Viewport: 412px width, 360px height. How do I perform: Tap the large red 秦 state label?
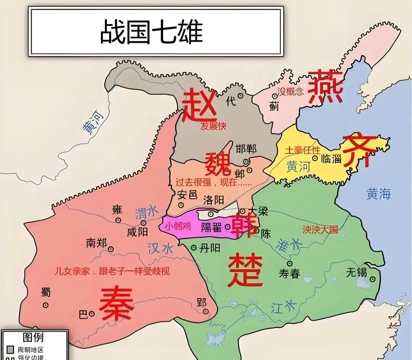click(116, 304)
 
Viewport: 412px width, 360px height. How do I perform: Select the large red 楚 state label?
click(245, 271)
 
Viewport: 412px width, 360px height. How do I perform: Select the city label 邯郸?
click(246, 149)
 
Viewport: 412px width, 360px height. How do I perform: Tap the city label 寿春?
click(289, 273)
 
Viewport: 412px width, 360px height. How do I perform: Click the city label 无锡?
click(356, 272)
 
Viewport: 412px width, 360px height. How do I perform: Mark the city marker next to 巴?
click(92, 314)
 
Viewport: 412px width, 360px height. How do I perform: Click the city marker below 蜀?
click(46, 305)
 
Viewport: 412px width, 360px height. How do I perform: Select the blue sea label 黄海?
click(379, 194)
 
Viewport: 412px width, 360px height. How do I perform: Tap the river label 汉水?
click(160, 249)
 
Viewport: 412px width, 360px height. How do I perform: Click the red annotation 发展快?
click(213, 126)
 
